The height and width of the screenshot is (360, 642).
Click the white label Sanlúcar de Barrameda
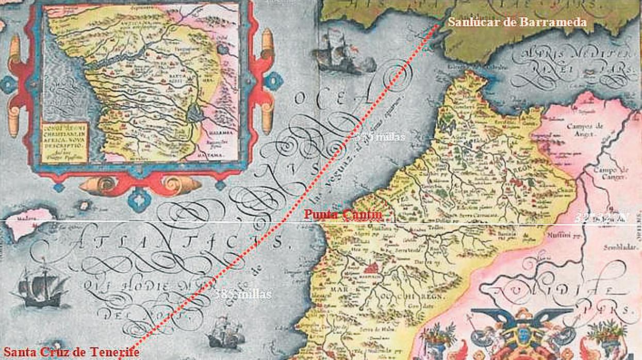tap(517, 22)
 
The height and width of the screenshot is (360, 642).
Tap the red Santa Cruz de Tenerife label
tap(70, 352)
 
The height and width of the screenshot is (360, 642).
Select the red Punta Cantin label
tap(343, 215)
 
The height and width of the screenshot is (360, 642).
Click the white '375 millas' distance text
tap(381, 137)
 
